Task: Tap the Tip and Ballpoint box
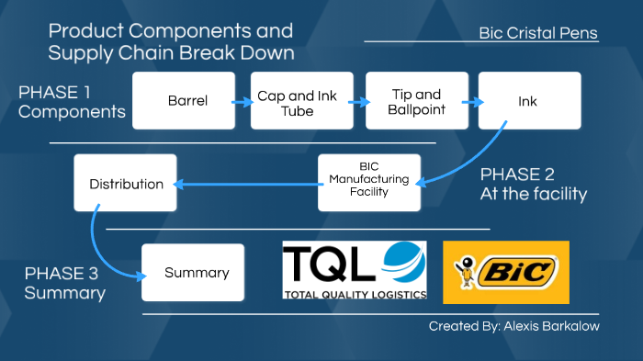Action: pos(416,101)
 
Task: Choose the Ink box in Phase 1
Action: pos(529,101)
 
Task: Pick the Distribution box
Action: pos(125,184)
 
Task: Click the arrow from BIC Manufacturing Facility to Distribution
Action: pos(246,184)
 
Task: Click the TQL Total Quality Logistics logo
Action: pos(355,270)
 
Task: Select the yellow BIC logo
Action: pos(506,272)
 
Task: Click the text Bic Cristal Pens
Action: pos(537,33)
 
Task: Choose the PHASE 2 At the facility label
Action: pos(533,184)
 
